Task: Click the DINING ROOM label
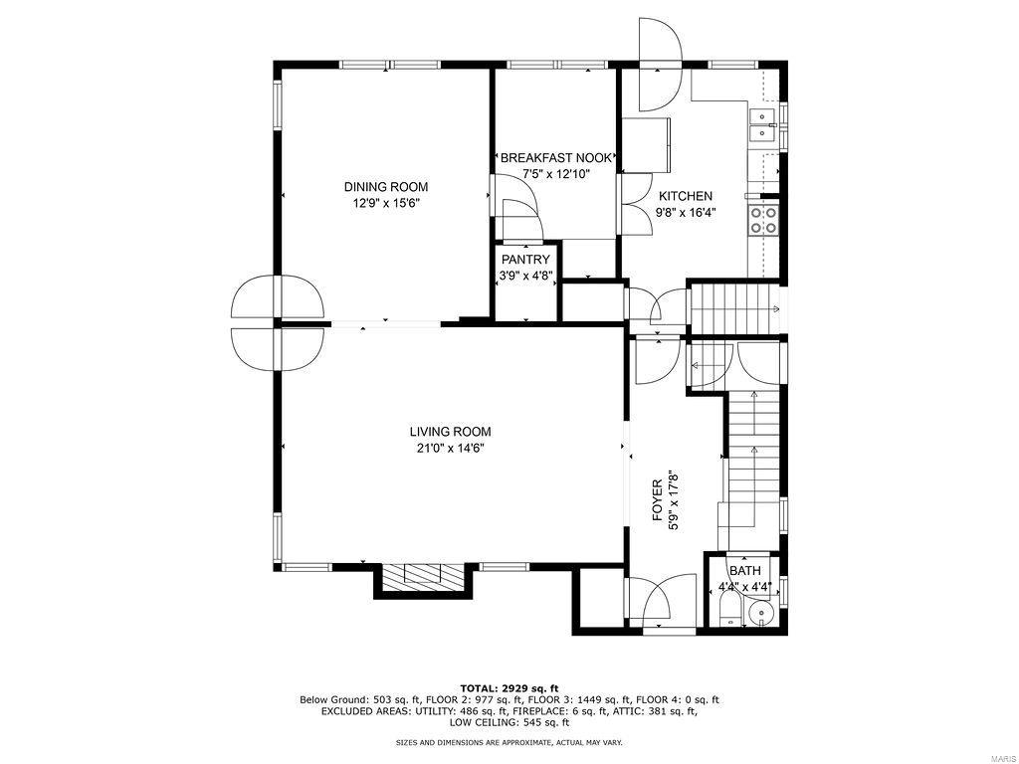pos(386,187)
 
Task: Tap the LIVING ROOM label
pos(450,432)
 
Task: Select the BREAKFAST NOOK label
pos(556,158)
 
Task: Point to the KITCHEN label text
pos(685,196)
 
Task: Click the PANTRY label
pos(525,261)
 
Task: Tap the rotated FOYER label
pos(657,499)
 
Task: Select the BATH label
pos(744,571)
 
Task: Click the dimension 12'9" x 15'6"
pos(386,204)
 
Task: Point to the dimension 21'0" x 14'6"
pos(450,449)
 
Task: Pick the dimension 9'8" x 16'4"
pos(686,212)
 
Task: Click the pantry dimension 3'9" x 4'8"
pos(525,277)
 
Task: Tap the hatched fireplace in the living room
pos(423,577)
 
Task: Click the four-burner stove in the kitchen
pos(764,219)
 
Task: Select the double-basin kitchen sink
pos(762,125)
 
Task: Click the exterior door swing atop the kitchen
pos(659,65)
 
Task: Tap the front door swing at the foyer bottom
pos(662,601)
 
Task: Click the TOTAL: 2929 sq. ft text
pos(509,688)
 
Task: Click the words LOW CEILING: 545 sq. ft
pos(509,723)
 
